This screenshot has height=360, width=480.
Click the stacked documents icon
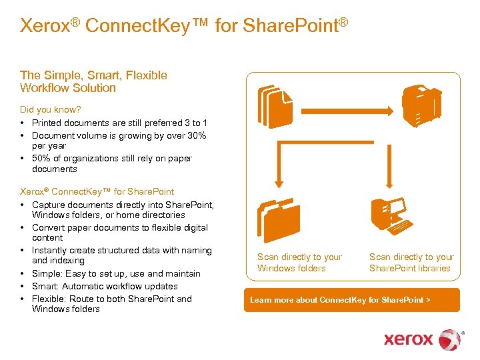275,107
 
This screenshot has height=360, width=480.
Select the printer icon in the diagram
422,106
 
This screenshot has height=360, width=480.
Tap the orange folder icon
279,221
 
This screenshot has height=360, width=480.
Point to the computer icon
392,216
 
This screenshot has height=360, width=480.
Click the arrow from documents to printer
347,111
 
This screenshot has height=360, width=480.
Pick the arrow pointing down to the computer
389,166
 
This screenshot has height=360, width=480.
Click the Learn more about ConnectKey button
352,300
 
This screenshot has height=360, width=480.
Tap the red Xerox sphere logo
450,340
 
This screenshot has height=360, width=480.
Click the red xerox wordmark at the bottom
409,339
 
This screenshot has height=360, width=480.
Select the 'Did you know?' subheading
51,109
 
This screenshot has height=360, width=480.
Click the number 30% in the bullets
197,135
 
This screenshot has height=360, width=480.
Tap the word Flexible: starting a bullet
49,299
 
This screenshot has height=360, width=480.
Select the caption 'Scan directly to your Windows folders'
300,263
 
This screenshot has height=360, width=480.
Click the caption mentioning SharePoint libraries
412,263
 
